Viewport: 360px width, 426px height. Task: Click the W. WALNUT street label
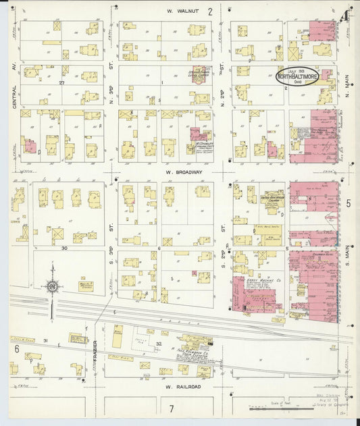180,11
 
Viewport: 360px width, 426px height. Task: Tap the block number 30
65,248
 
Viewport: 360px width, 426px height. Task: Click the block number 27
61,82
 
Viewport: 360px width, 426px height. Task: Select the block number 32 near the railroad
159,344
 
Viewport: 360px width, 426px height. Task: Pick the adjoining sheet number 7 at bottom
172,408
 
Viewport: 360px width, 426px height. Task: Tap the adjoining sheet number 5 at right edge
349,203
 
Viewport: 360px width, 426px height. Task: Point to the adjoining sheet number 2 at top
210,11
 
